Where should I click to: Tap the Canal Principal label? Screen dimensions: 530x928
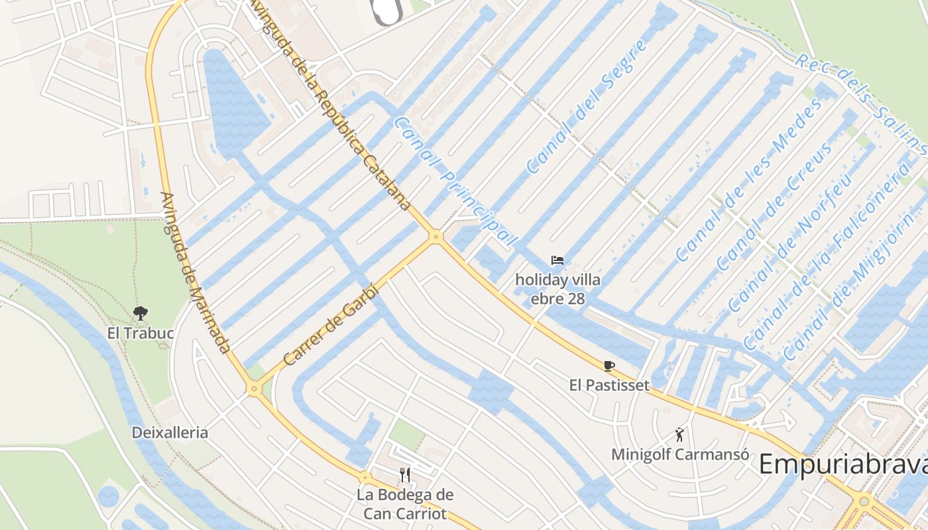pyautogui.click(x=454, y=182)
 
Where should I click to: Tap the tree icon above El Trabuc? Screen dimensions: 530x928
pyautogui.click(x=140, y=313)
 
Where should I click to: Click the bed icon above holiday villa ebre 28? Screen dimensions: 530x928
pyautogui.click(x=557, y=260)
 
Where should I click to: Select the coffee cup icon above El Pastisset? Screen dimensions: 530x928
pyautogui.click(x=609, y=366)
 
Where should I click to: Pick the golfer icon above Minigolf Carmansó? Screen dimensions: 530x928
pyautogui.click(x=679, y=435)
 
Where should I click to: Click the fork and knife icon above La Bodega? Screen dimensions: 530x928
pyautogui.click(x=405, y=474)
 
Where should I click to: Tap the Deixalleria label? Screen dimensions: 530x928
pyautogui.click(x=170, y=433)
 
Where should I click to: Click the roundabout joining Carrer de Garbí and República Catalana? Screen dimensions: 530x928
pyautogui.click(x=435, y=236)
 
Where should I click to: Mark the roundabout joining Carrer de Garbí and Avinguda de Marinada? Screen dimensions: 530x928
pyautogui.click(x=254, y=390)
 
